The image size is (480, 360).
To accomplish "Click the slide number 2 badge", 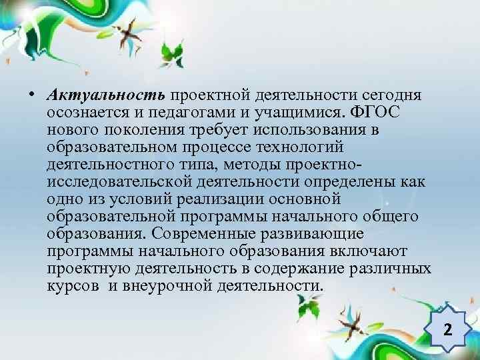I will (447, 329).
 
